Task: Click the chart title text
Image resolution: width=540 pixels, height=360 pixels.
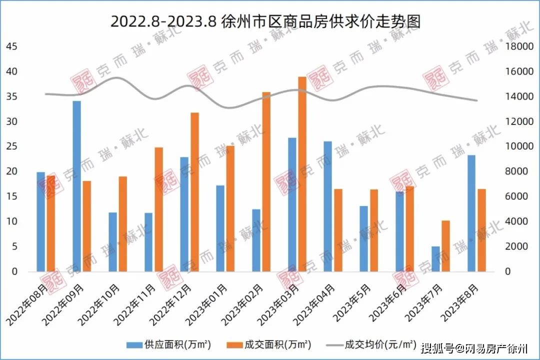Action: (x=265, y=22)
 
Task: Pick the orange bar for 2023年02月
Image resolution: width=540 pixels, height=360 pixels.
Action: (x=266, y=182)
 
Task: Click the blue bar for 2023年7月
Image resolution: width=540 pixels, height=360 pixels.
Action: (x=435, y=259)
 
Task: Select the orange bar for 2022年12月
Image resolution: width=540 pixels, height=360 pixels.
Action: (x=194, y=192)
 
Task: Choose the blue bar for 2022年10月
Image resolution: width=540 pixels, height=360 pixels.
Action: (x=112, y=242)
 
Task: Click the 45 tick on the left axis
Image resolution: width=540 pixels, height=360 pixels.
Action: (x=11, y=46)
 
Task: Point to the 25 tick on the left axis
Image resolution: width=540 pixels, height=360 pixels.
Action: (x=11, y=146)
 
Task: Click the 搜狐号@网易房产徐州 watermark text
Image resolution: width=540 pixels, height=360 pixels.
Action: (x=478, y=348)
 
